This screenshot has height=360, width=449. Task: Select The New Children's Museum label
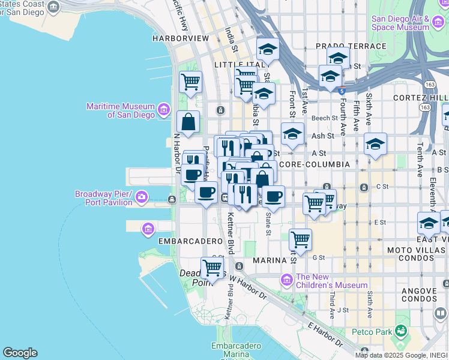pos(331,281)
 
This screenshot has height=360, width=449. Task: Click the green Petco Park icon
pos(400,331)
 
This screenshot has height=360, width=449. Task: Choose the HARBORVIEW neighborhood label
pos(180,38)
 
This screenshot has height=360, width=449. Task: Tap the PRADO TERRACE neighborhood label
pos(351,46)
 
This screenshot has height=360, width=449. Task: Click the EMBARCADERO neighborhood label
pos(190,241)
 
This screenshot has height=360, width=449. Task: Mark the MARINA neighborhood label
pos(271,260)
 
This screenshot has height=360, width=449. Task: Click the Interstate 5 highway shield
pos(341,91)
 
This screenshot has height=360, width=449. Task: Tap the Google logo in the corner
pos(20,353)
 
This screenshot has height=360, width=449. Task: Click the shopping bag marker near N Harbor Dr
pos(188,122)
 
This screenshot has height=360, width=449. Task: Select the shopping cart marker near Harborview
pos(190,82)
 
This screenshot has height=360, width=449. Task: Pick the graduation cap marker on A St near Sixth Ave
pos(375,144)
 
